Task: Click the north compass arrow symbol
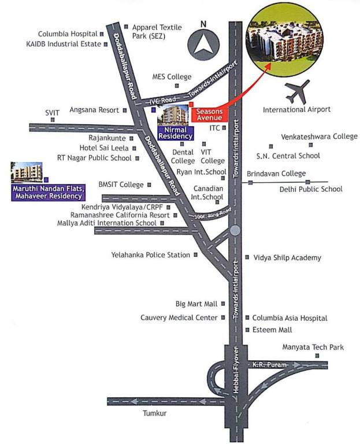(203, 43)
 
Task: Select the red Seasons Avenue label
(208, 114)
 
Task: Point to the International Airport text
(296, 109)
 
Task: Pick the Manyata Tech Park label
(313, 347)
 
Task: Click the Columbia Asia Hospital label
(290, 318)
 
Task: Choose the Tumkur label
(155, 413)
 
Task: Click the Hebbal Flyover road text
(236, 376)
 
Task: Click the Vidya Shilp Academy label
(287, 258)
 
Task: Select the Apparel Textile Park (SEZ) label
(157, 31)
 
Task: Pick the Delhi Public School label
(311, 189)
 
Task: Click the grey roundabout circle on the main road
(235, 231)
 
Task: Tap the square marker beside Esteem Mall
(247, 330)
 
